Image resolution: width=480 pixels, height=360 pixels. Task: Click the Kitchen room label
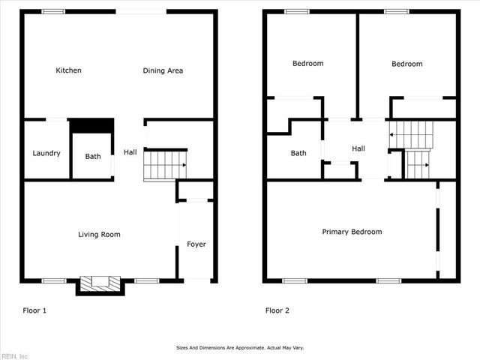[x=68, y=70]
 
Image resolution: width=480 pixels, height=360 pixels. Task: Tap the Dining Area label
[x=163, y=70]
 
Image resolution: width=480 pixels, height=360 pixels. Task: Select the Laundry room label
[x=46, y=153]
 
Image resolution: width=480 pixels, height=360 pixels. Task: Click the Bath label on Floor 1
[x=92, y=157]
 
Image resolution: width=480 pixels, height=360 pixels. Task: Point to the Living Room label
[x=99, y=235]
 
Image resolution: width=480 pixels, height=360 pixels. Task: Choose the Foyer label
[x=196, y=244]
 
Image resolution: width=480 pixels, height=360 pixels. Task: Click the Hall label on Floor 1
[x=130, y=152]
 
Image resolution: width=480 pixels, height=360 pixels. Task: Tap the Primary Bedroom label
[x=352, y=232]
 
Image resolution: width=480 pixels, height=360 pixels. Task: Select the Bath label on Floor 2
[x=298, y=153]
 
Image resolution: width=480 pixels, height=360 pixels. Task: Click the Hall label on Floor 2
[x=358, y=148]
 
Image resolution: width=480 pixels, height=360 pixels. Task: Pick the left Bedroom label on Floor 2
[x=307, y=64]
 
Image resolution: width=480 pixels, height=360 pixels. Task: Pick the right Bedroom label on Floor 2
[x=406, y=64]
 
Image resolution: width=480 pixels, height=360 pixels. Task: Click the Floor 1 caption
[x=34, y=310]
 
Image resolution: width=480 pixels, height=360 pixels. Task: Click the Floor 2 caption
[x=277, y=310]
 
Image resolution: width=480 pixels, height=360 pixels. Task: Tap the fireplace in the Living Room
[x=100, y=283]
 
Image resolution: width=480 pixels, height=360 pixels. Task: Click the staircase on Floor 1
[x=165, y=165]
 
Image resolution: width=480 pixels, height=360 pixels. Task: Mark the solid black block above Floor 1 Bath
[x=91, y=124]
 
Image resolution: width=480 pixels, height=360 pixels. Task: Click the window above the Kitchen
[x=52, y=11]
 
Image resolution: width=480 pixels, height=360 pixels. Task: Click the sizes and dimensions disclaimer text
[x=240, y=347]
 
